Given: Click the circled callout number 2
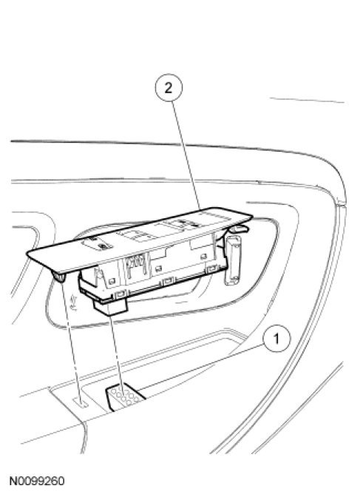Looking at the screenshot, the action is point(169,87).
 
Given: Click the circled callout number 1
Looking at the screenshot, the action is point(276,339).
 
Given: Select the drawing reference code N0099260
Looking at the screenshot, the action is point(37,481).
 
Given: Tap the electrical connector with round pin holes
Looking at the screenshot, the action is point(125,396).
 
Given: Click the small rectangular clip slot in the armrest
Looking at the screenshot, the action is point(80,402).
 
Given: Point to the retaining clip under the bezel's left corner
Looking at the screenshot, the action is point(59,277).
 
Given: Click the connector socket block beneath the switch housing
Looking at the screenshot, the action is point(109,306).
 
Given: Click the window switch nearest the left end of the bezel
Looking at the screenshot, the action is point(100,243).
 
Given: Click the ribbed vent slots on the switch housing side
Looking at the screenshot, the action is point(136,263).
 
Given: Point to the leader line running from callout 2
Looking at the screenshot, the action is point(186,155).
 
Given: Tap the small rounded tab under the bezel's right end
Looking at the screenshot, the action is point(240,229).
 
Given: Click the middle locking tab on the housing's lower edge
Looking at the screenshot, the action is point(168,280).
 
